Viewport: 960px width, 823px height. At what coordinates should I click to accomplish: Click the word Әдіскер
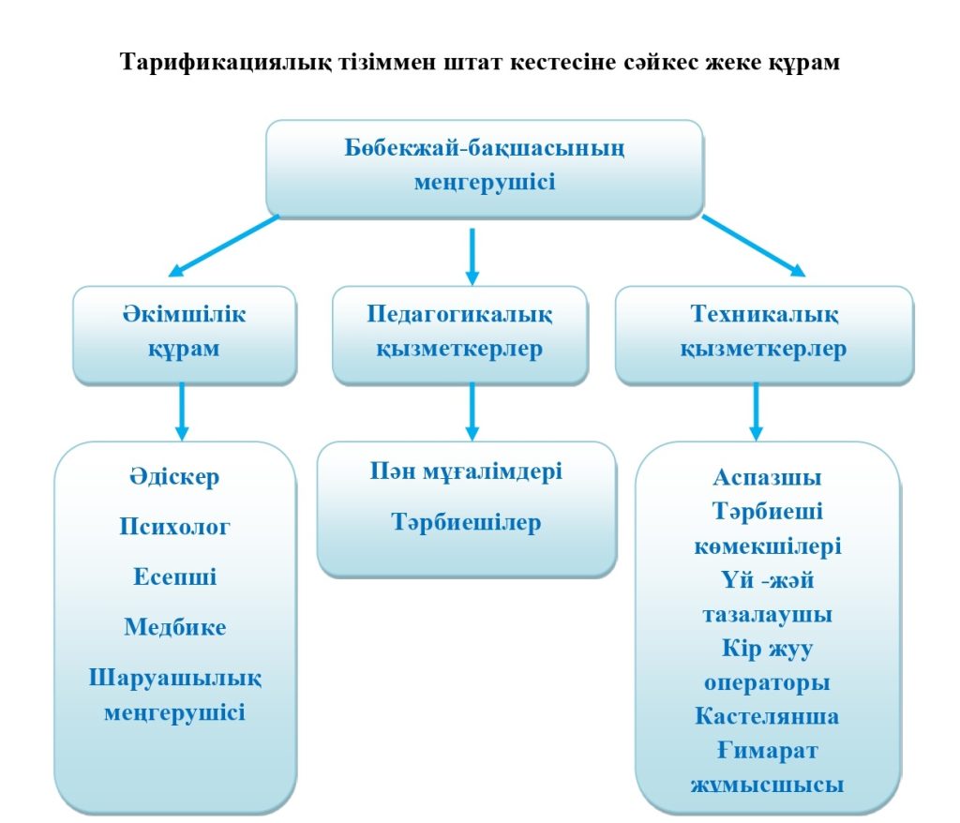[174, 476]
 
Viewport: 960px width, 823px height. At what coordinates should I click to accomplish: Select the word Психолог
[174, 526]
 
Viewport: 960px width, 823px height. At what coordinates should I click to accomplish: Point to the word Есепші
[174, 576]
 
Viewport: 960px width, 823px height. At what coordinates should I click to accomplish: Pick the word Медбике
[174, 626]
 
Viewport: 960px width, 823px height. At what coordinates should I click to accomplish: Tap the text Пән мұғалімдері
[466, 471]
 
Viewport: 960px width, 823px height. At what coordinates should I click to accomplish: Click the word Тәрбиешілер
[466, 521]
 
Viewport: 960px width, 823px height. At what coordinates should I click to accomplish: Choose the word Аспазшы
[767, 477]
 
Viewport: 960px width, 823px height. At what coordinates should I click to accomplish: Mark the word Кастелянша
[767, 717]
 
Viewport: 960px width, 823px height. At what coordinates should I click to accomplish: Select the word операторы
[767, 682]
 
